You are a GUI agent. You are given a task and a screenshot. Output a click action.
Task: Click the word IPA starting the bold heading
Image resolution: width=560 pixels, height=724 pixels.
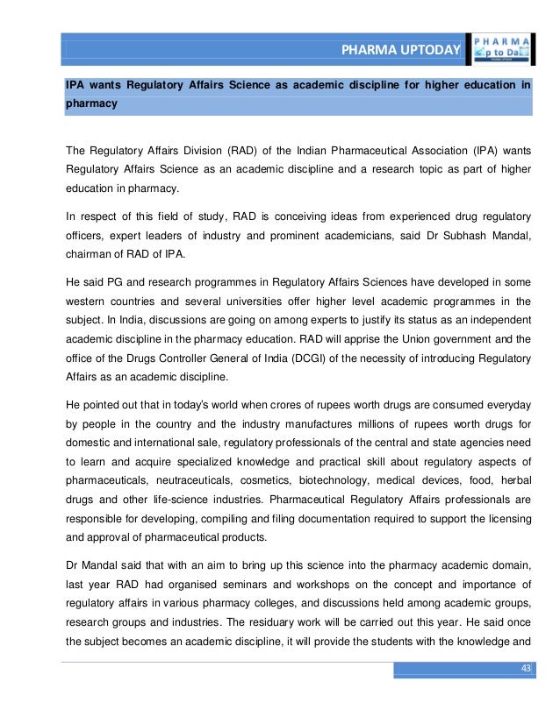[x=76, y=86]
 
